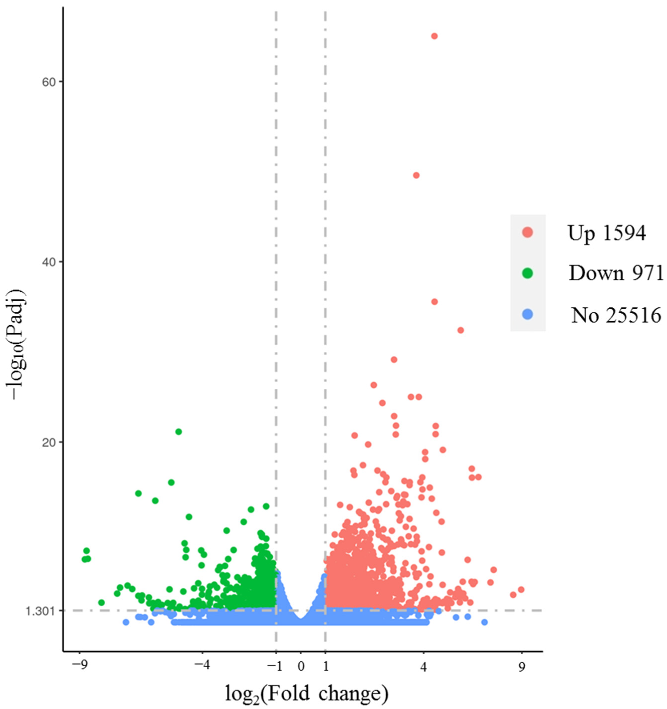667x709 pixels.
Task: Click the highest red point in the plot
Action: click(434, 36)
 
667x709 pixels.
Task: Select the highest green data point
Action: click(179, 432)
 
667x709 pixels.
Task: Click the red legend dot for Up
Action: click(527, 233)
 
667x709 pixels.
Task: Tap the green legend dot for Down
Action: click(527, 273)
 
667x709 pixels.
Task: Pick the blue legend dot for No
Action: click(527, 314)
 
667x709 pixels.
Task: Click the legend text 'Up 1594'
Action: click(606, 233)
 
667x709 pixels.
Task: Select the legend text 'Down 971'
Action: click(616, 274)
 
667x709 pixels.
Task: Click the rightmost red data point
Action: click(521, 590)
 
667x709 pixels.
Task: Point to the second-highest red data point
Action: click(416, 175)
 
